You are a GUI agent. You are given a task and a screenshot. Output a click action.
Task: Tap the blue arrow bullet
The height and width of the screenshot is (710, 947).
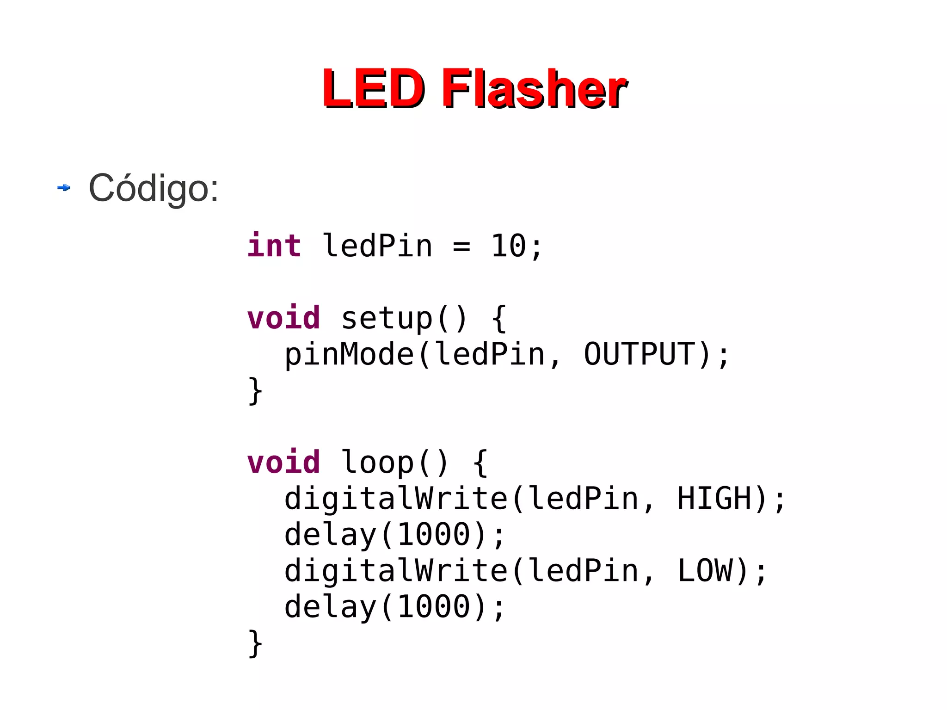(64, 187)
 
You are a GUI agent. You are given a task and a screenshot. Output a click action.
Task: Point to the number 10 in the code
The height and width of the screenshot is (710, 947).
(508, 246)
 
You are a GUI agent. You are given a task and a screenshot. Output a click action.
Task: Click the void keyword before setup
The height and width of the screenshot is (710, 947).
(283, 318)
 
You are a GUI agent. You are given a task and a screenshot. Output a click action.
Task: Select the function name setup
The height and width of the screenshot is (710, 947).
(387, 318)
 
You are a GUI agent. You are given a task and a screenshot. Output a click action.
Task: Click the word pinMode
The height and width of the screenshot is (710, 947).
(349, 354)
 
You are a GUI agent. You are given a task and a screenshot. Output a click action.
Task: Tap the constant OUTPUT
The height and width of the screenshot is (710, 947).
(640, 354)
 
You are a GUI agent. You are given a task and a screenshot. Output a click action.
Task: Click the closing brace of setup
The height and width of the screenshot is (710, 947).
(255, 391)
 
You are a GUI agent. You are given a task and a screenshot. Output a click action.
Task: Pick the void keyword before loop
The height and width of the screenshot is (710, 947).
(283, 463)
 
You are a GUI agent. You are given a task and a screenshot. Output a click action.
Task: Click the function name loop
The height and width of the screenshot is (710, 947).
(377, 463)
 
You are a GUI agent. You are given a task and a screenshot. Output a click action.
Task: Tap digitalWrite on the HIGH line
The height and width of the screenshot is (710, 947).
(396, 499)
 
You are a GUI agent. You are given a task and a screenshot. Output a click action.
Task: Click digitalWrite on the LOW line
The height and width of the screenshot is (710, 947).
(396, 570)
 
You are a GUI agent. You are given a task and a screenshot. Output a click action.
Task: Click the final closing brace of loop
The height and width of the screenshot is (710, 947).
(255, 643)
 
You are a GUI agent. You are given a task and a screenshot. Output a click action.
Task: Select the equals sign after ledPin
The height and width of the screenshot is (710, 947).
(461, 247)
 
